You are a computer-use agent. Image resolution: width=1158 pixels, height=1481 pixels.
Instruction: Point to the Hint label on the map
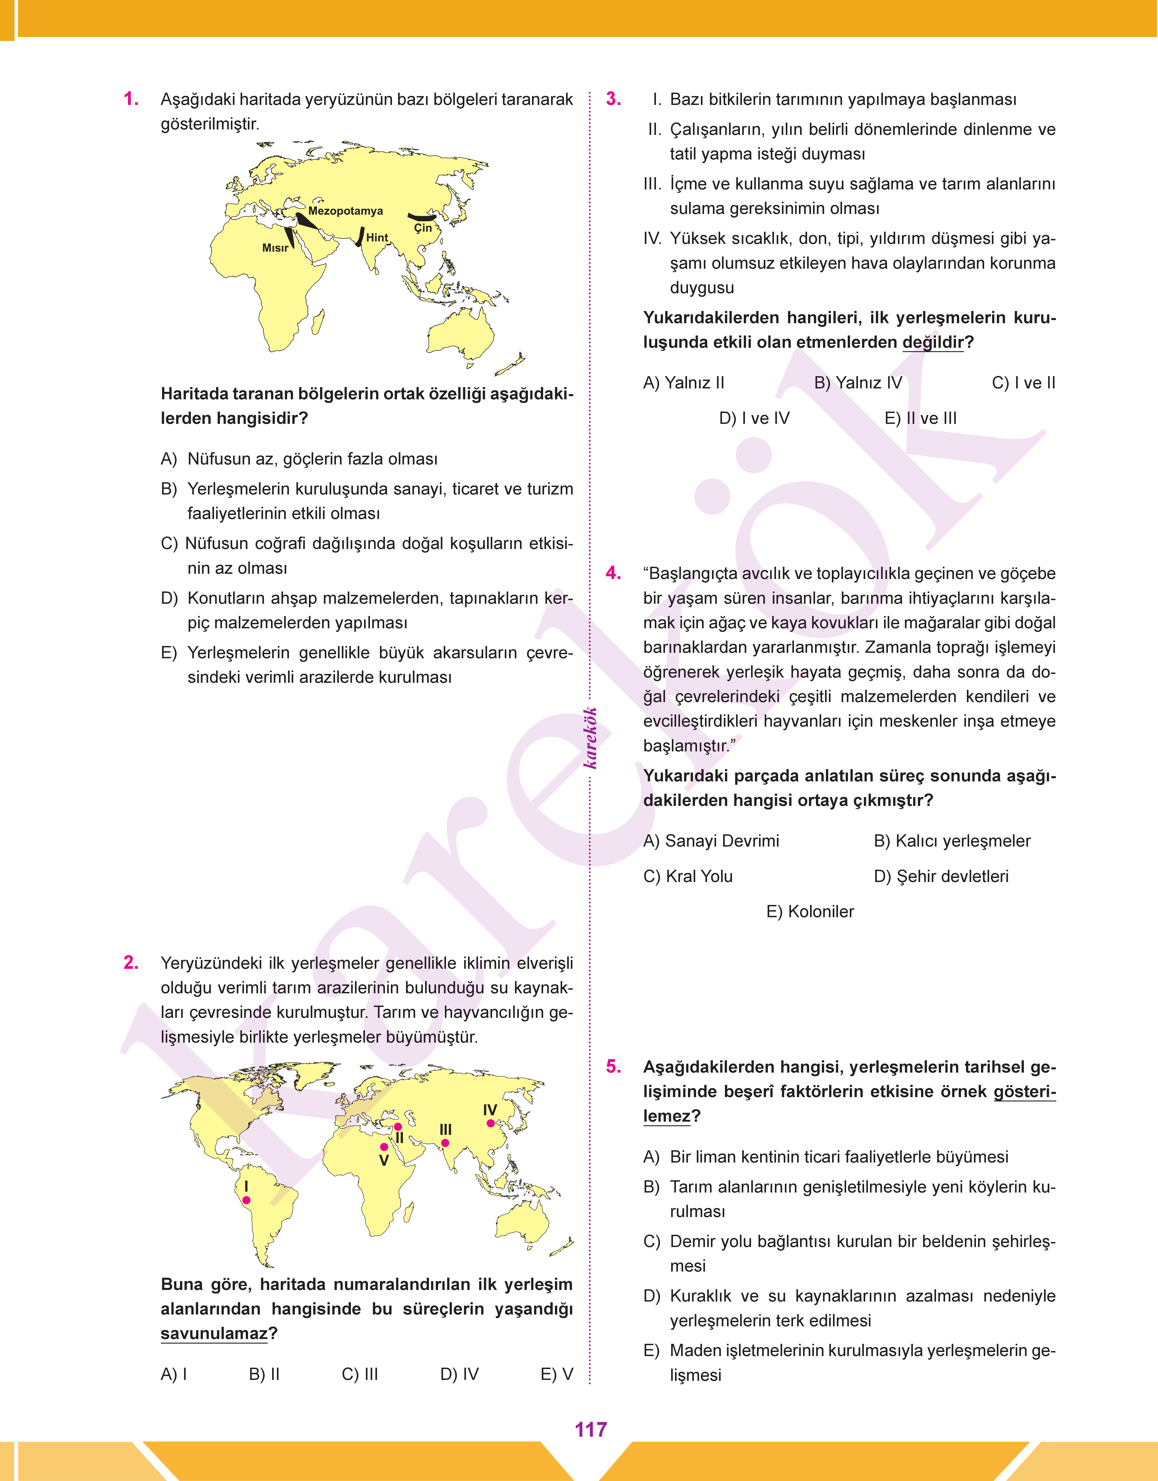coord(377,237)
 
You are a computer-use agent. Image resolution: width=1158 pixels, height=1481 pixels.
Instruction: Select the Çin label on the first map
coord(423,228)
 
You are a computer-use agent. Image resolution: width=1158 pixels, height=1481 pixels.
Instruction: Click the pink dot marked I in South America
coord(246,1200)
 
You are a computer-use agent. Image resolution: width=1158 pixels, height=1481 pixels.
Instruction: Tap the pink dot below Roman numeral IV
coord(490,1123)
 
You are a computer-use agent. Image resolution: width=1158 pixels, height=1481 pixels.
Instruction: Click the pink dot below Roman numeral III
coord(445,1143)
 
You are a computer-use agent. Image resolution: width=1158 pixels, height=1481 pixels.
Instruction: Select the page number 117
coord(591,1429)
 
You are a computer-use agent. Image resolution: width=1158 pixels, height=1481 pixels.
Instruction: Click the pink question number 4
coord(613,573)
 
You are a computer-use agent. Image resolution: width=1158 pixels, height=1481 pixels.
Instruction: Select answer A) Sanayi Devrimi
coord(711,841)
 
